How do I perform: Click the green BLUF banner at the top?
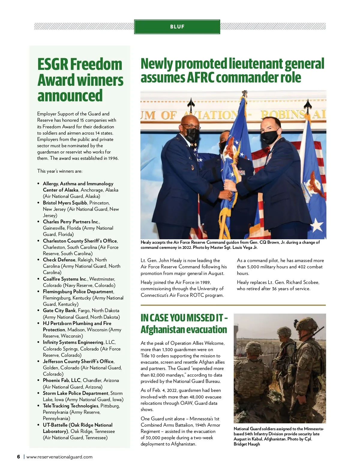(177, 27)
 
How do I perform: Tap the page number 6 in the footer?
(19, 457)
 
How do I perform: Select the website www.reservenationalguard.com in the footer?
(59, 457)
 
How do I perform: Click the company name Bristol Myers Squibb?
(65, 203)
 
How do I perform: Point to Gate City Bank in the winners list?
(59, 310)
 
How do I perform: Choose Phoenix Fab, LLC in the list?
(61, 380)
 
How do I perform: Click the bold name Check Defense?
(59, 260)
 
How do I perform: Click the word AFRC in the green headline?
(201, 78)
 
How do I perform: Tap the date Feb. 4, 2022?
(164, 390)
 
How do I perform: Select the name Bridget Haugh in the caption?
(247, 444)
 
